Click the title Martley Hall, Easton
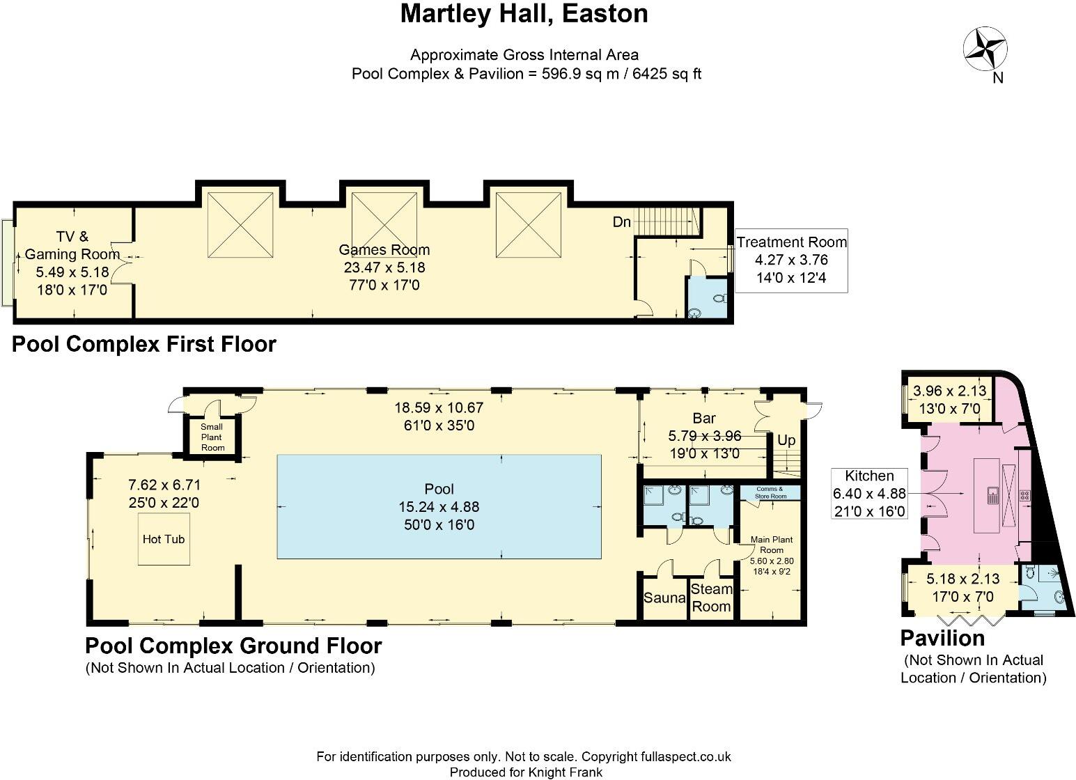click(524, 14)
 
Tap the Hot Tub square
click(164, 539)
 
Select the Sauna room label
click(664, 598)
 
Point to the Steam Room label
click(711, 598)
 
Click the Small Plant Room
click(212, 437)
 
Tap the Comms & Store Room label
click(770, 492)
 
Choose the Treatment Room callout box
click(791, 260)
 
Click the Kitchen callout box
click(869, 494)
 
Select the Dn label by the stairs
click(621, 222)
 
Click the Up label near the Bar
click(786, 440)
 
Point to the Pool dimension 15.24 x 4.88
click(439, 507)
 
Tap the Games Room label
click(384, 250)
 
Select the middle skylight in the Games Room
click(384, 226)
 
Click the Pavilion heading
click(942, 638)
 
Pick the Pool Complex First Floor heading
click(144, 344)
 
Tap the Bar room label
click(703, 419)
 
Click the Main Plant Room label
click(771, 545)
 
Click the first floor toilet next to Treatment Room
click(719, 298)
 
